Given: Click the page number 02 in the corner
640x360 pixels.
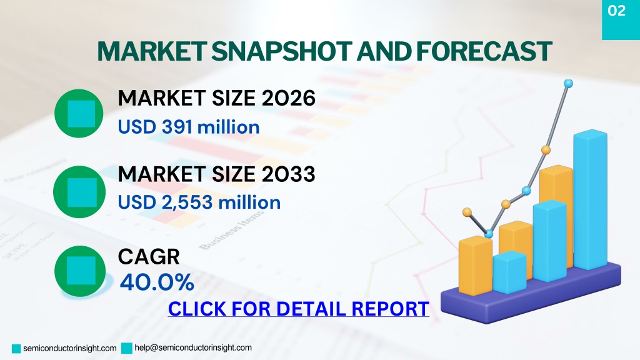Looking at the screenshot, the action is [616, 11].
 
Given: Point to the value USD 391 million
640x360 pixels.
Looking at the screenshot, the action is [189, 127].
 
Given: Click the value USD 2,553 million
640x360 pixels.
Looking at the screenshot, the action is [199, 202].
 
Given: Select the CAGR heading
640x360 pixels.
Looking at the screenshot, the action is [149, 257].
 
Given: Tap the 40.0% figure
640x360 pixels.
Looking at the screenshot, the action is [157, 282].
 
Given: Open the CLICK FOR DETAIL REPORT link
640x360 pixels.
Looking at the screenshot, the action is [298, 309].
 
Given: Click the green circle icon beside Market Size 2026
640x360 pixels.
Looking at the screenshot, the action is [79, 114].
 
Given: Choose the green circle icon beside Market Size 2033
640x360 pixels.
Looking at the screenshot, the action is [79, 192].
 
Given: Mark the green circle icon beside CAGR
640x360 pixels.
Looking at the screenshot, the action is [79, 271].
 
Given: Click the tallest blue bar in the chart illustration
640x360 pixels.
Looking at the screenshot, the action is [590, 200].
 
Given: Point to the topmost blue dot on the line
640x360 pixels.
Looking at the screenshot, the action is [568, 84].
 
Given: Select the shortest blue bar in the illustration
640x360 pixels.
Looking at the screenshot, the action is [509, 272].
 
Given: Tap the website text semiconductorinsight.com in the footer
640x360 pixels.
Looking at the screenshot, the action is [70, 348].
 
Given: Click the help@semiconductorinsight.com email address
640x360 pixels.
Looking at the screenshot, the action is [193, 347].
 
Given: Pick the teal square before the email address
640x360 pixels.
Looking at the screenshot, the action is [127, 348].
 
